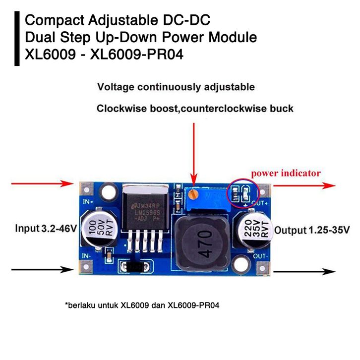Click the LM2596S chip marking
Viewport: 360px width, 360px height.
coord(145,212)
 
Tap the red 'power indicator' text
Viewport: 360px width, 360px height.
coord(285,174)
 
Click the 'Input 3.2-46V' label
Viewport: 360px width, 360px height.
coord(46,229)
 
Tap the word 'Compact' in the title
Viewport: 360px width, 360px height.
coord(56,21)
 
